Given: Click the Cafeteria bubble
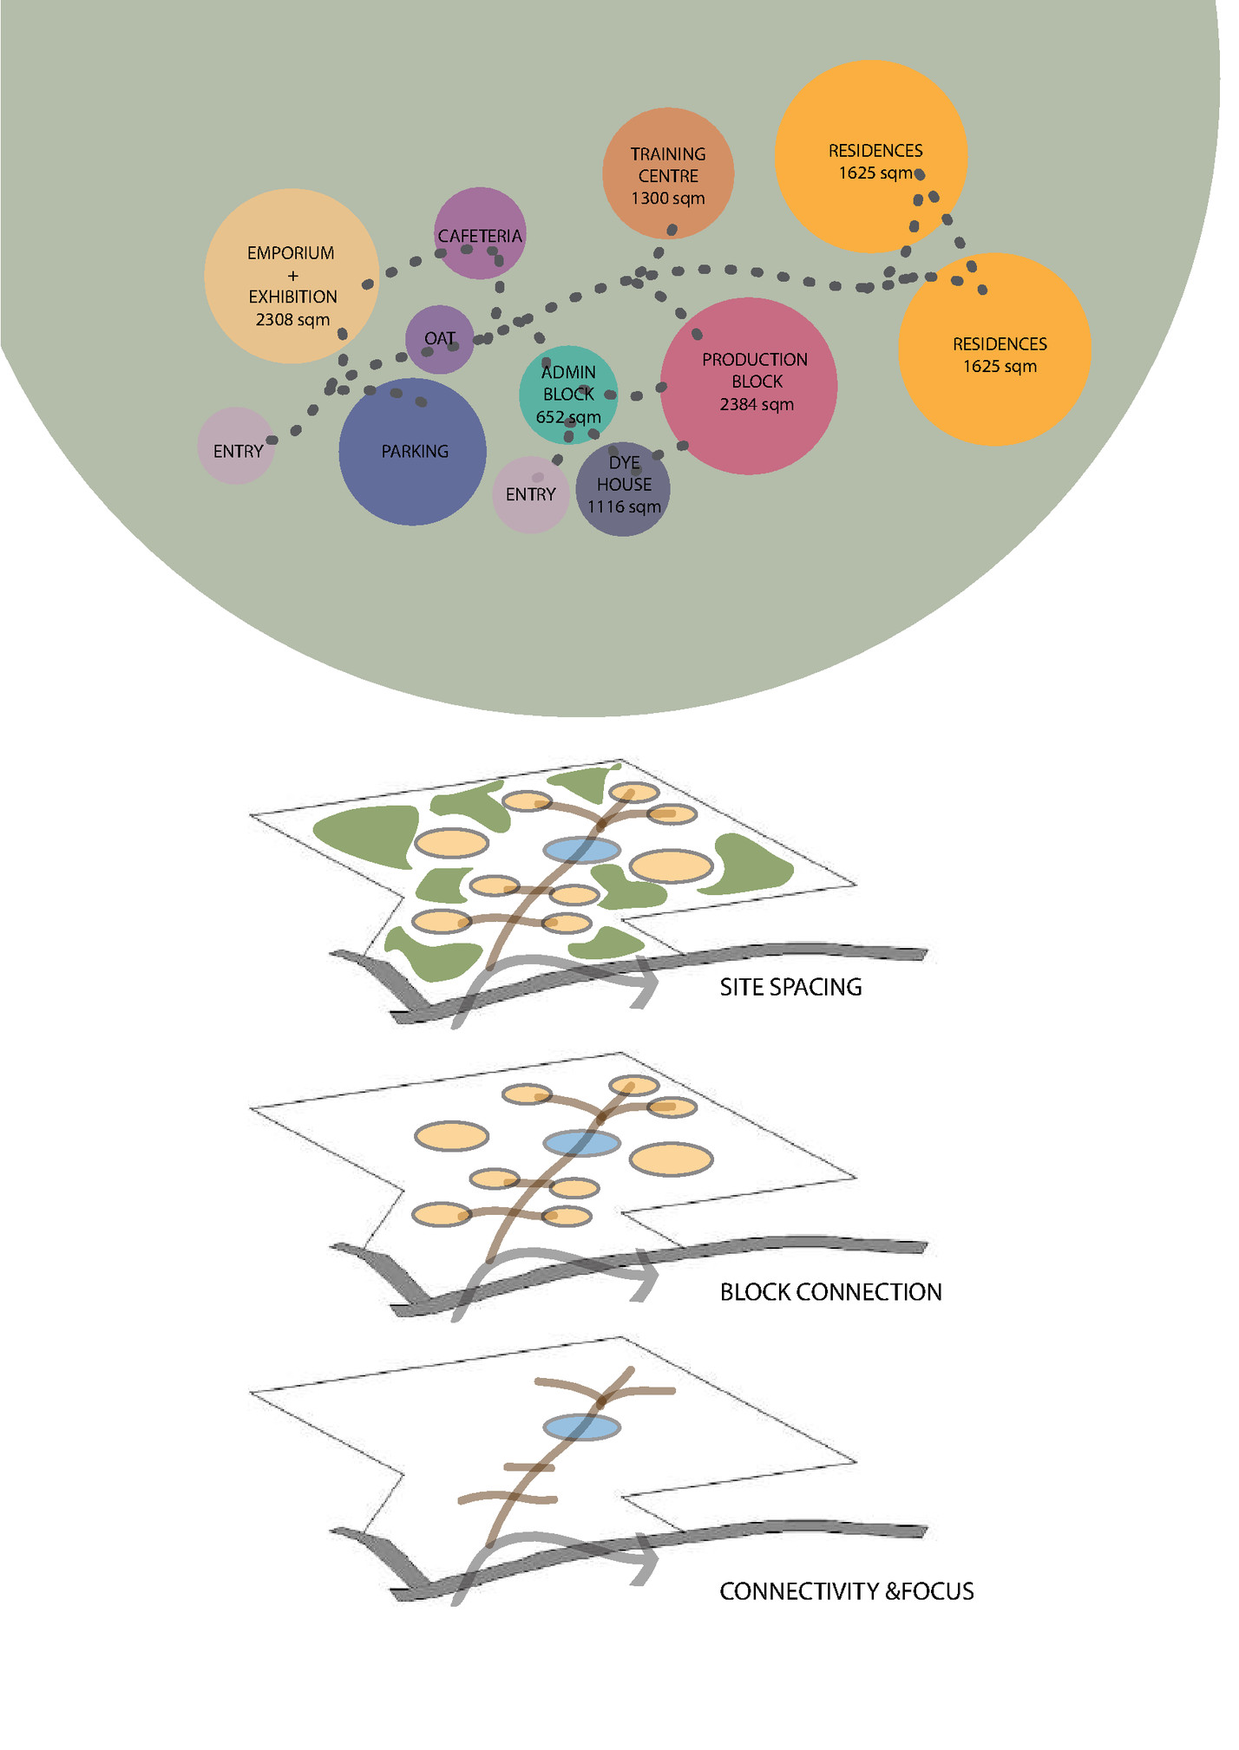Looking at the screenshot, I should click(480, 234).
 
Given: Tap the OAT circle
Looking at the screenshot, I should click(440, 339).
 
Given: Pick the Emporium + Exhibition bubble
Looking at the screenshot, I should click(292, 277).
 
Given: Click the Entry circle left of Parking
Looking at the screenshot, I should click(237, 446).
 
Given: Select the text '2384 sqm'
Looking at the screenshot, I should click(757, 405).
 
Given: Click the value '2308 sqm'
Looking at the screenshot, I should click(292, 320).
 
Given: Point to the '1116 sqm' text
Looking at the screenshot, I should click(624, 507).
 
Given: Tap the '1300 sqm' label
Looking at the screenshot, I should click(668, 199).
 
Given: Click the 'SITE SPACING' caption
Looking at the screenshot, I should click(790, 988).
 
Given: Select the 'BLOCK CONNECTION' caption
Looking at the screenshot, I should click(830, 1293).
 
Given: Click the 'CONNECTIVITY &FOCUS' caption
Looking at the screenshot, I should click(846, 1592).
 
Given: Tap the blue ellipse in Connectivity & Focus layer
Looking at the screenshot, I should click(581, 1427).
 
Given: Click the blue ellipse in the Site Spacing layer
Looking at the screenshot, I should click(581, 851).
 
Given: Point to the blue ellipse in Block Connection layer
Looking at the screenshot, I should click(581, 1143).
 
